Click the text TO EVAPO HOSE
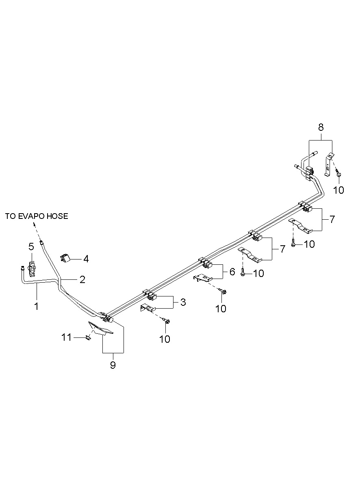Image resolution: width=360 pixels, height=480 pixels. [x=37, y=216]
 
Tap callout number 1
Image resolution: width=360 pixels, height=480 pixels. [x=36, y=306]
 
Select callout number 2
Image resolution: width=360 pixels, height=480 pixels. [x=82, y=279]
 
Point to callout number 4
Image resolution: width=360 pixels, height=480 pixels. [x=86, y=259]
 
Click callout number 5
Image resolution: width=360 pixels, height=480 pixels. [x=31, y=246]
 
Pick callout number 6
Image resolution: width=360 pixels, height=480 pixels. [x=232, y=272]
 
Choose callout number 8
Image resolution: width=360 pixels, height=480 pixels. [x=321, y=127]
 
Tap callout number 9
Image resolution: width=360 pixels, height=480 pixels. [x=113, y=365]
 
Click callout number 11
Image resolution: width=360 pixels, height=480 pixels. [x=66, y=337]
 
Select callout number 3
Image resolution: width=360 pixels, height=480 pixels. [x=183, y=302]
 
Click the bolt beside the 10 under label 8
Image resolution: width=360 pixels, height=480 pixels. [x=339, y=174]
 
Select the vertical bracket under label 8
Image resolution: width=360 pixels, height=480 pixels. [x=329, y=164]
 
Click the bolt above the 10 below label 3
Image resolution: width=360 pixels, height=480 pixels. [x=167, y=321]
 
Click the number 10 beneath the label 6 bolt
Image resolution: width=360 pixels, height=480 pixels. [x=221, y=308]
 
